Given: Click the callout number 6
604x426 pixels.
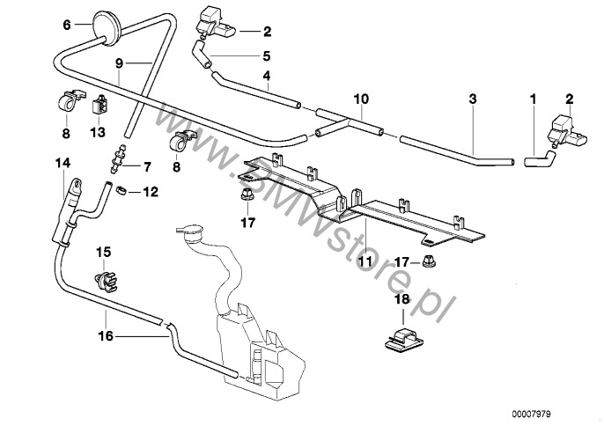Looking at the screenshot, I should (x=66, y=26).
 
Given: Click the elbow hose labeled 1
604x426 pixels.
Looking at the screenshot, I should (x=538, y=159).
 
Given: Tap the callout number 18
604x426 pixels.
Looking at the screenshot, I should (x=401, y=301).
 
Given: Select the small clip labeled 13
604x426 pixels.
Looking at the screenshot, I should (x=98, y=109).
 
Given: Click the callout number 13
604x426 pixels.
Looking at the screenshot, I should (x=98, y=132).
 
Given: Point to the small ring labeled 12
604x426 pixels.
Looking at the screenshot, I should (x=124, y=189).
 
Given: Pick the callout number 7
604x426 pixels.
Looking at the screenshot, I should (x=146, y=166).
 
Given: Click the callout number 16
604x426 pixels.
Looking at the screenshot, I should (x=105, y=336).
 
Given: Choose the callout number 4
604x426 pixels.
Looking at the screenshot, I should (x=266, y=77).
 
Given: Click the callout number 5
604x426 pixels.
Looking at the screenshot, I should (x=266, y=55).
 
